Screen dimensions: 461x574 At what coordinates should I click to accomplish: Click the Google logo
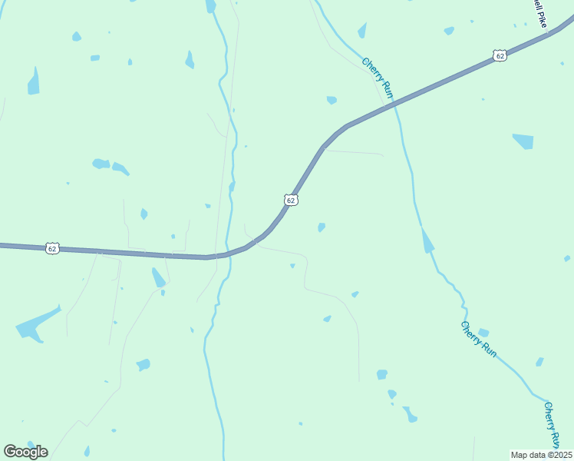pos(25,452)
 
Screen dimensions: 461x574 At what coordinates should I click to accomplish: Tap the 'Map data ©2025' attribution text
pos(541,455)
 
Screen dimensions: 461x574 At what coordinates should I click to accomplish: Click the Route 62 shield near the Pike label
pos(500,55)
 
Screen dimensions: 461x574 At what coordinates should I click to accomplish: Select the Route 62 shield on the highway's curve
pos(291,200)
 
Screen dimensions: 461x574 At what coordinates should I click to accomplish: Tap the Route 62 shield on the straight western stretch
pos(51,248)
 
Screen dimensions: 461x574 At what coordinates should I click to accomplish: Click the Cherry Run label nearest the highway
pos(378,78)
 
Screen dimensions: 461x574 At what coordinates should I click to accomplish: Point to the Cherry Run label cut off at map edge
pos(551,425)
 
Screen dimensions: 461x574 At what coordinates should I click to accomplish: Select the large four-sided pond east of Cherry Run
pos(523,141)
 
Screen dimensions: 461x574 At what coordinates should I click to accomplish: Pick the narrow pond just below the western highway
pos(158,277)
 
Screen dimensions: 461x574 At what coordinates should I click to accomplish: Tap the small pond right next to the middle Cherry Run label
pos(483,333)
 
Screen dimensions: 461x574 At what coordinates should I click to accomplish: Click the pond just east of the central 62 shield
pos(322,227)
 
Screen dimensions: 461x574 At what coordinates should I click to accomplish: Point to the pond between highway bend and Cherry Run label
pos(332,100)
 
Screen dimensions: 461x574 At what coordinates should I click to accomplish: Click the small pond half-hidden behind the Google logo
pos(31,444)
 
